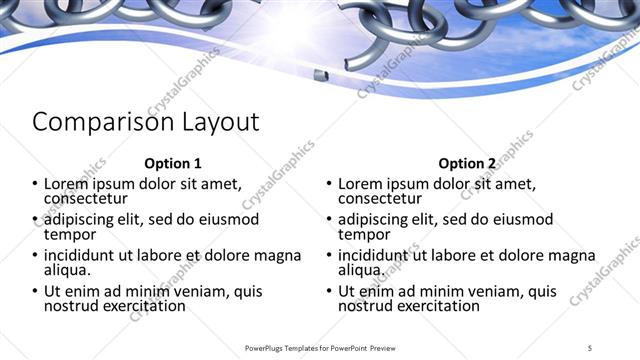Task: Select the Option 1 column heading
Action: click(173, 163)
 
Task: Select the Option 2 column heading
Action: click(467, 163)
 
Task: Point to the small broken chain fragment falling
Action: click(319, 76)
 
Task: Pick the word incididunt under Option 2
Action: click(379, 256)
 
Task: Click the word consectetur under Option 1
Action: click(89, 198)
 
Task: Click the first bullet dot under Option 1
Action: click(36, 184)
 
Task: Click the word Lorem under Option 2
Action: click(360, 184)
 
